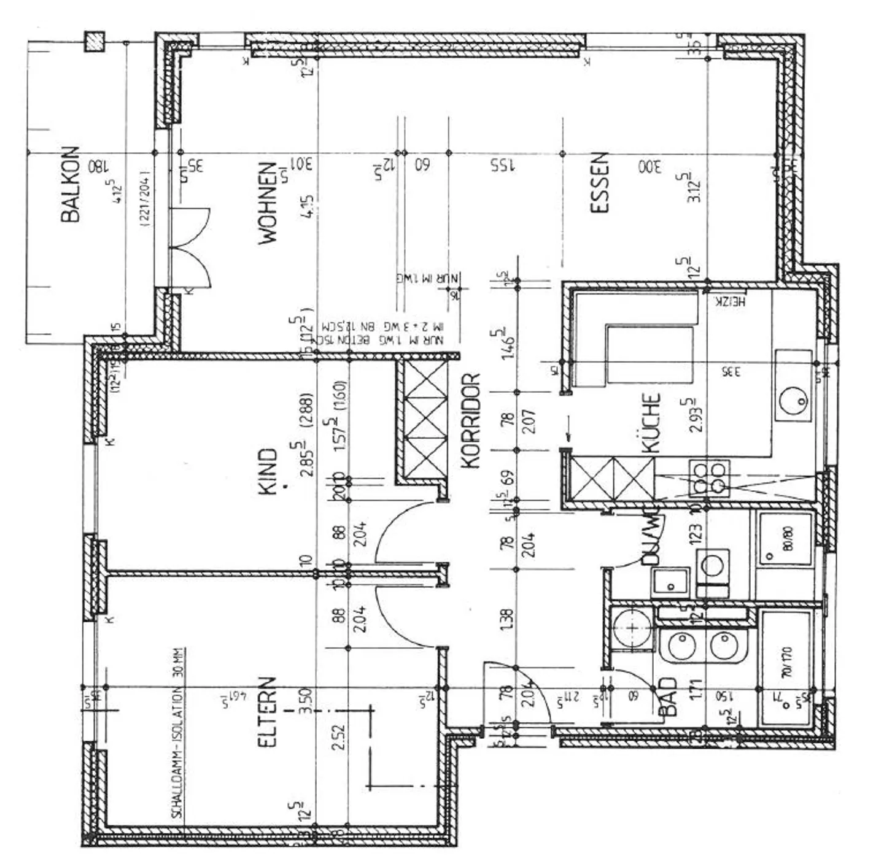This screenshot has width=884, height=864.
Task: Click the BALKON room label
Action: [71, 183]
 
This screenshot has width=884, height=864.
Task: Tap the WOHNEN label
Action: [268, 203]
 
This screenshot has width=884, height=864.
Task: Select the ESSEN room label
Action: [599, 183]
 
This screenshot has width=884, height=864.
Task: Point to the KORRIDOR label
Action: [470, 421]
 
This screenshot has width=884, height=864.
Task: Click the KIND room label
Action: [268, 471]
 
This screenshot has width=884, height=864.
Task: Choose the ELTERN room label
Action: [267, 712]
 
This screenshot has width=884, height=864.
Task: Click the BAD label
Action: [667, 696]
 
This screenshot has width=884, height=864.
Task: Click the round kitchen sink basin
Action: [793, 401]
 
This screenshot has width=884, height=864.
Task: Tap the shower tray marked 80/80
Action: [786, 539]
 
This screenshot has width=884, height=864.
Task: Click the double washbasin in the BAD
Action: [703, 646]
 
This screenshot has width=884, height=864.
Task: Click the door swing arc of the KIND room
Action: [399, 531]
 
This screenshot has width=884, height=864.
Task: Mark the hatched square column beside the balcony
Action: [95, 42]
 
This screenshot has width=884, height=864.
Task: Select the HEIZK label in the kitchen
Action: [729, 301]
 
